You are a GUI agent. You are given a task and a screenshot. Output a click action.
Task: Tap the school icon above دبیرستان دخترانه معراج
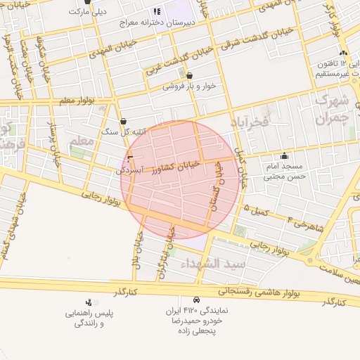(156, 11)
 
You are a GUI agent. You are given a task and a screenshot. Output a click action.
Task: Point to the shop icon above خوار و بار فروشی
(188, 75)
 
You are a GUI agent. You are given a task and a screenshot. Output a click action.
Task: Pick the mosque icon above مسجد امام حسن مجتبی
(284, 156)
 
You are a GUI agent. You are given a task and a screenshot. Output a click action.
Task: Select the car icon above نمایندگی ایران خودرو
(195, 299)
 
